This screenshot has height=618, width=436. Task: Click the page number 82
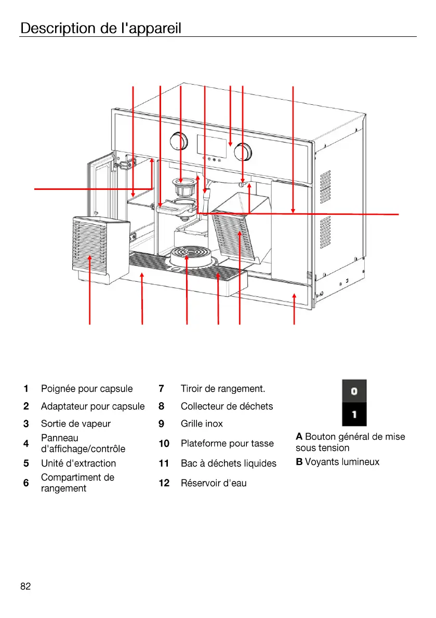pyautogui.click(x=25, y=586)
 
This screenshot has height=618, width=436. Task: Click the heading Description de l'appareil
pyautogui.click(x=100, y=28)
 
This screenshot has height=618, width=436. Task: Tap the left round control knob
pyautogui.click(x=179, y=141)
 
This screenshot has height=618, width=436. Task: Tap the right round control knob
pyautogui.click(x=242, y=150)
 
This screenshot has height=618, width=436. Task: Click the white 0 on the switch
pyautogui.click(x=354, y=391)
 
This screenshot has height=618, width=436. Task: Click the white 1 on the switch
pyautogui.click(x=354, y=415)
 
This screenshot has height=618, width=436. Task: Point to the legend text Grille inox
pyautogui.click(x=201, y=423)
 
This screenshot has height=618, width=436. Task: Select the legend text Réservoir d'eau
pyautogui.click(x=213, y=483)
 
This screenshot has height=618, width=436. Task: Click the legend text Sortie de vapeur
pyautogui.click(x=75, y=423)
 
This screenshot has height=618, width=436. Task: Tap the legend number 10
pyautogui.click(x=164, y=444)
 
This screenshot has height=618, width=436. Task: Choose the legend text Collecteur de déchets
pyautogui.click(x=227, y=406)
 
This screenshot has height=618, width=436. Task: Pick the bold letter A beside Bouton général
pyautogui.click(x=299, y=436)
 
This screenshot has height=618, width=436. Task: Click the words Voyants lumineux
pyautogui.click(x=342, y=461)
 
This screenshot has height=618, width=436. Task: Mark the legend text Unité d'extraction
pyautogui.click(x=78, y=463)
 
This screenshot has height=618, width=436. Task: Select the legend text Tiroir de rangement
pyautogui.click(x=222, y=389)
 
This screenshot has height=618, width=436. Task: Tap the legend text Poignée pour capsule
pyautogui.click(x=86, y=389)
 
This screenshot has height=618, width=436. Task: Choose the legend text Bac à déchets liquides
pyautogui.click(x=228, y=463)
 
